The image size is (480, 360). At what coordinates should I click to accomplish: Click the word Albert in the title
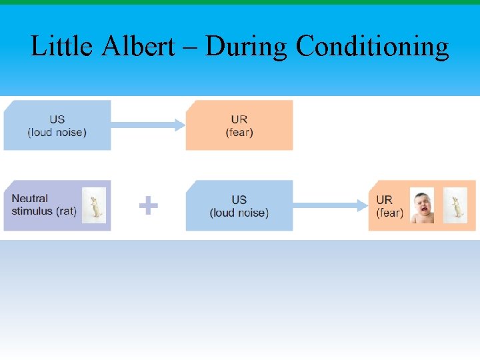(x=149, y=46)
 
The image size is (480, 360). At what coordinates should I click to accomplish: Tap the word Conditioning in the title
(x=372, y=46)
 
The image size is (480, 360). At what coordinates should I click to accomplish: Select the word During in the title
(x=248, y=46)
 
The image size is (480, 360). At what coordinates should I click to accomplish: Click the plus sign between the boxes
(x=148, y=205)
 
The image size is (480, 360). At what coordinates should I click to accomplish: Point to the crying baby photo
(x=422, y=205)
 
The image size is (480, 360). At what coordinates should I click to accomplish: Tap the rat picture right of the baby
(x=455, y=205)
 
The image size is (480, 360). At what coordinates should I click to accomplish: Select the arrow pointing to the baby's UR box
(x=330, y=205)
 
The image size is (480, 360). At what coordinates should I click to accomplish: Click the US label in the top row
(x=57, y=119)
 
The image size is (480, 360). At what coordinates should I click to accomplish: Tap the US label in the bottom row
(x=239, y=199)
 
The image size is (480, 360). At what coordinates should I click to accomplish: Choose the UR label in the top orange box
(x=239, y=119)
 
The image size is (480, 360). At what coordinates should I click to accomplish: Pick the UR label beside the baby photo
(x=385, y=199)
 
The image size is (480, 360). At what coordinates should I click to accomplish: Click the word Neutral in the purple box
(x=30, y=199)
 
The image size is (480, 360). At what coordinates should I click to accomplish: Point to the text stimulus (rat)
(x=44, y=212)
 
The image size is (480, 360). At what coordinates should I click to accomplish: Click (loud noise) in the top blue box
(x=57, y=132)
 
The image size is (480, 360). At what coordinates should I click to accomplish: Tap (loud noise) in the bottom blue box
(x=239, y=213)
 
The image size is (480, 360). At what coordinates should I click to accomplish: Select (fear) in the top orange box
(x=239, y=132)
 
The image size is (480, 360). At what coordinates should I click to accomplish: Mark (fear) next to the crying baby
(x=389, y=213)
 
